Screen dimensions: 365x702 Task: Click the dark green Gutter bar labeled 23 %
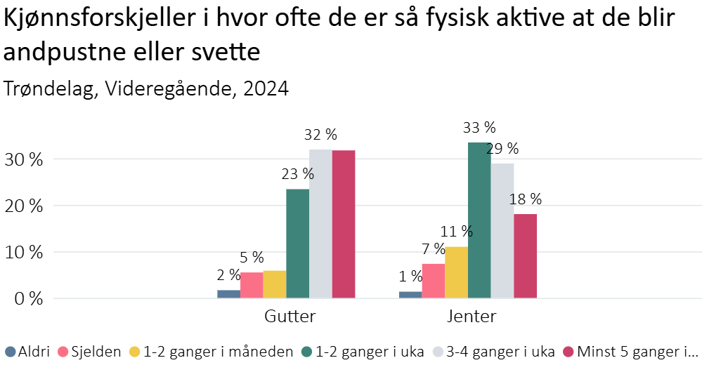[297, 244]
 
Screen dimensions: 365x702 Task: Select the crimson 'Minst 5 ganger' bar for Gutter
[344, 224]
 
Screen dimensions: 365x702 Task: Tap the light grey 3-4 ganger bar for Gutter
[320, 224]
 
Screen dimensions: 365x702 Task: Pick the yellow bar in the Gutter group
[275, 284]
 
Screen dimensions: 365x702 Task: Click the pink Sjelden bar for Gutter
[252, 285]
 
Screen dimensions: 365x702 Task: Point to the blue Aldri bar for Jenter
[410, 294]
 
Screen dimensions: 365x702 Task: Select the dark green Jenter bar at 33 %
[479, 220]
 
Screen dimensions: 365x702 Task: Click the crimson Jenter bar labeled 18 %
[525, 256]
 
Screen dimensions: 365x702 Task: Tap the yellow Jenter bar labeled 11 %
[456, 272]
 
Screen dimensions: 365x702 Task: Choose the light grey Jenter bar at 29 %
[502, 231]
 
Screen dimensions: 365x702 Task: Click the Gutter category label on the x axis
[290, 316]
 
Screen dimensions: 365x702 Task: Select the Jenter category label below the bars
[472, 316]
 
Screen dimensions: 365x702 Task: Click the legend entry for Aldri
[28, 352]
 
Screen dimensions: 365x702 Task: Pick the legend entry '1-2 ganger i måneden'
[211, 352]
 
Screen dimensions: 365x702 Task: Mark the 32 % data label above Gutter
[320, 134]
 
